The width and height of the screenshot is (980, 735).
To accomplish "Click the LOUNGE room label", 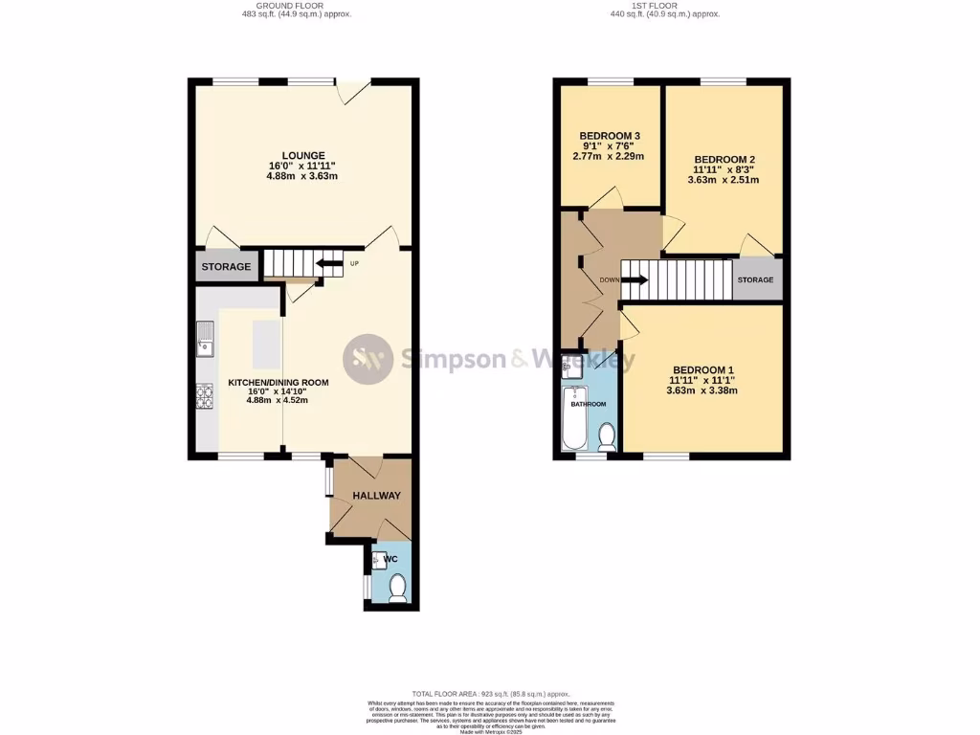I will [x=302, y=155].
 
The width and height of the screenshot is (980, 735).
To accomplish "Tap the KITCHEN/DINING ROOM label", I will [x=278, y=383].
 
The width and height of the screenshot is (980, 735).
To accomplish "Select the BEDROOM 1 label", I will [x=702, y=370].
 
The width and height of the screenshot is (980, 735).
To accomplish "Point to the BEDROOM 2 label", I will [x=724, y=159].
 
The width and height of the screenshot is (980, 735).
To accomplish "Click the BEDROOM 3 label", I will [x=610, y=135].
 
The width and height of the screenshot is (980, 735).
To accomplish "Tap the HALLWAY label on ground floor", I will [x=376, y=496].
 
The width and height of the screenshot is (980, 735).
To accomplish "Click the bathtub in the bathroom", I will [x=574, y=419].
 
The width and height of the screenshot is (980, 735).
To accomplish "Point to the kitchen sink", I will [x=206, y=337].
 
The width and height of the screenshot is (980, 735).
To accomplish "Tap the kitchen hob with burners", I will [x=205, y=395].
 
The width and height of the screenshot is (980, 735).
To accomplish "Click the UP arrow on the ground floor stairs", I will [x=329, y=263].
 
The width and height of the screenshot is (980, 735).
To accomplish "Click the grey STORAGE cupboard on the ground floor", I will [x=226, y=267].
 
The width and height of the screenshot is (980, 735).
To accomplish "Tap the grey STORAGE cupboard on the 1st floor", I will [x=756, y=280].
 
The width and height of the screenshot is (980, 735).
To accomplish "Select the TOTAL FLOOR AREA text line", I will [x=491, y=694].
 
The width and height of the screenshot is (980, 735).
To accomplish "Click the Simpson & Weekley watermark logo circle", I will [x=368, y=359].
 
